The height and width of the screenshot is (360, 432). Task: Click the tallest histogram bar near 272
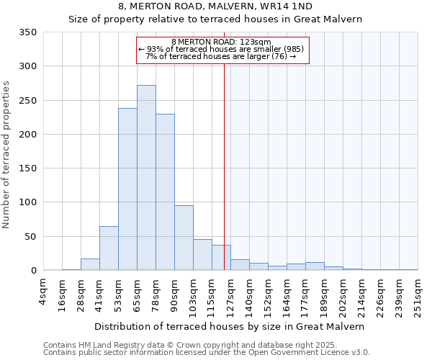(x=146, y=178)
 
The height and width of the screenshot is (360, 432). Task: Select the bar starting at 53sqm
(x=127, y=189)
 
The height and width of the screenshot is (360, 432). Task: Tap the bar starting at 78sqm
(x=165, y=192)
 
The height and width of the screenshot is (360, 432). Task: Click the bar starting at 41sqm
(x=109, y=248)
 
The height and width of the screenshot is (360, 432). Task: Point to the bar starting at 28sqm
(x=90, y=264)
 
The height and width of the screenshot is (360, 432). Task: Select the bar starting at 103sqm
(x=202, y=255)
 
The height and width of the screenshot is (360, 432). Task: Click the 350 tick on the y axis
(x=28, y=32)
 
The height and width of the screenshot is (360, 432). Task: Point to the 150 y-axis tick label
(x=28, y=168)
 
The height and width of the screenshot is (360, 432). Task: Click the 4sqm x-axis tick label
(x=43, y=292)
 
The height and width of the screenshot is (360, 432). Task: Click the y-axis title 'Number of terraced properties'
(x=7, y=154)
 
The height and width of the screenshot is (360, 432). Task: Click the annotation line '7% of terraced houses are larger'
(x=222, y=57)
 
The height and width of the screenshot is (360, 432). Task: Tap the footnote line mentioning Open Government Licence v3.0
(x=207, y=352)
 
